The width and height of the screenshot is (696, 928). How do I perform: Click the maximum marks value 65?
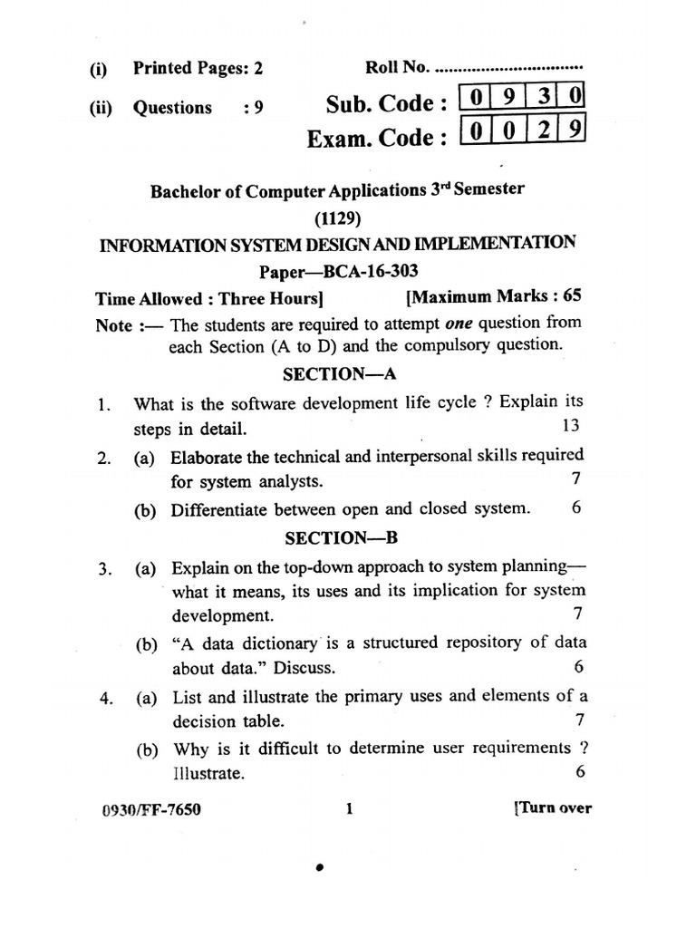pyautogui.click(x=572, y=295)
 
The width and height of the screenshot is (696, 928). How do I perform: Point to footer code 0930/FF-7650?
pyautogui.click(x=152, y=808)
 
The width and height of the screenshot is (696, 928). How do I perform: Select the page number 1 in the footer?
pyautogui.click(x=349, y=807)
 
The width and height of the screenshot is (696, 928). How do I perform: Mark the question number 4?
pyautogui.click(x=106, y=698)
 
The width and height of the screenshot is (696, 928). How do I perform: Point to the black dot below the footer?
pyautogui.click(x=319, y=868)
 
